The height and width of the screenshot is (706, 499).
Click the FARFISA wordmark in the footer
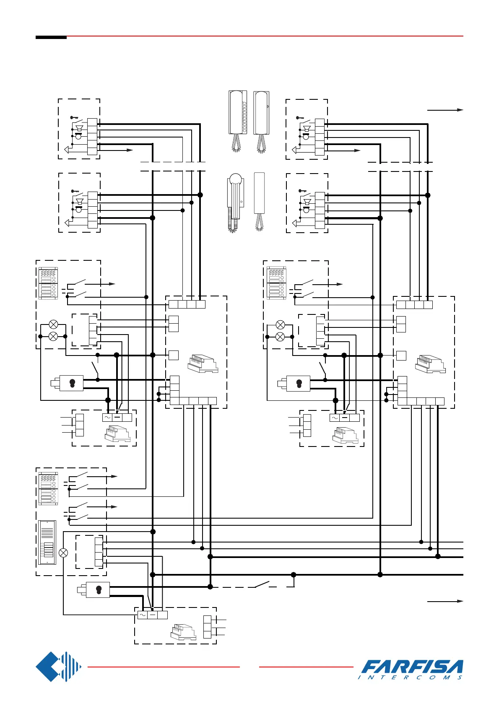click(412, 667)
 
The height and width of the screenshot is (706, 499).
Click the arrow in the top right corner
click(445, 110)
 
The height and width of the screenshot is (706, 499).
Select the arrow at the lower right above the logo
click(445, 601)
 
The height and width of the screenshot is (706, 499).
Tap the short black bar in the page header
click(51, 38)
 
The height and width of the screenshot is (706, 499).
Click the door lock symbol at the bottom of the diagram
click(97, 590)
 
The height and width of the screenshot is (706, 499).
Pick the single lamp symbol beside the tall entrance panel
click(63, 553)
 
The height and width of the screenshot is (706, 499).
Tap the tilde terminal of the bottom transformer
click(143, 615)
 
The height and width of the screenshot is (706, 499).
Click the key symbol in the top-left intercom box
click(75, 118)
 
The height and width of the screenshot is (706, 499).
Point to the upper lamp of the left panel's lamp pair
click(53, 324)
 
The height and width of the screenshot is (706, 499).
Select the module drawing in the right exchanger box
click(430, 364)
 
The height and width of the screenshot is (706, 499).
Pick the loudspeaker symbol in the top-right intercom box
click(307, 129)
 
